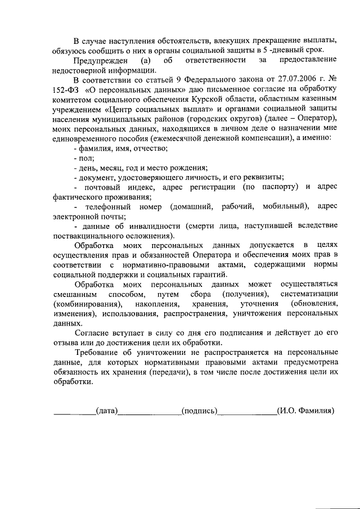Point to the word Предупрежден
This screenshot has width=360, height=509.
(96, 60)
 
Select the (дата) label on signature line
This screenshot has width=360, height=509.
(106, 411)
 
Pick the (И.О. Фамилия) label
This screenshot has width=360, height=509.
(306, 411)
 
